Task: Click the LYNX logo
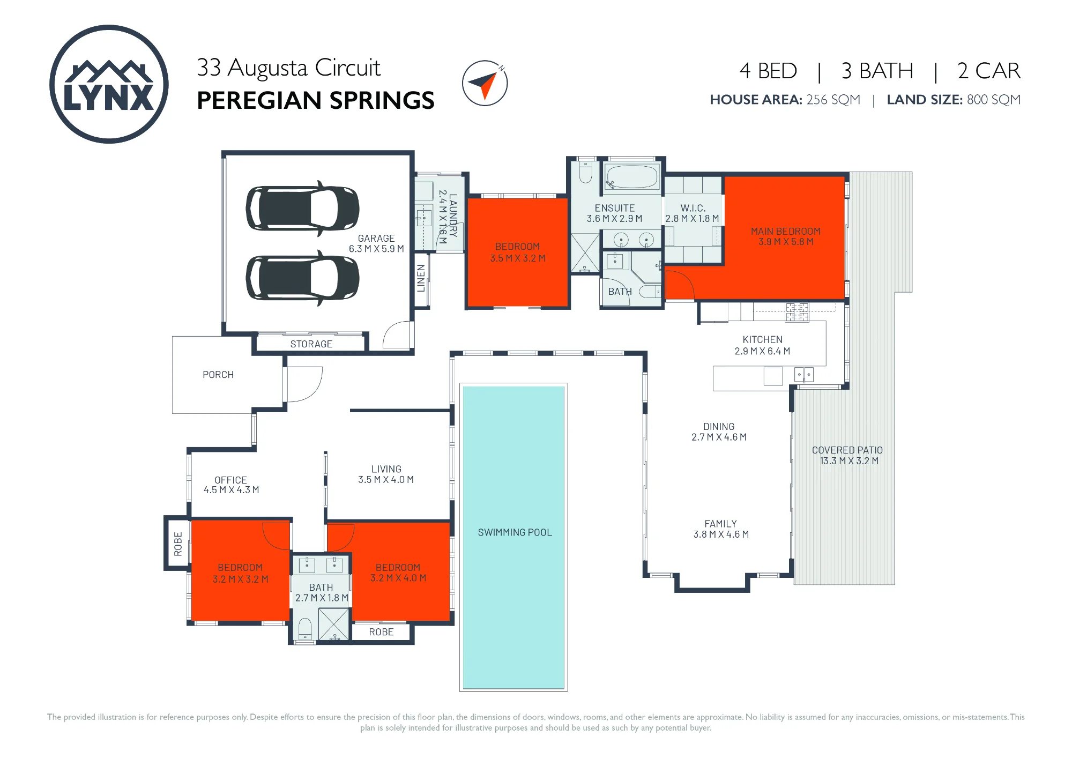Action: click(x=109, y=84)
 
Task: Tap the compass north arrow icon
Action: click(x=485, y=83)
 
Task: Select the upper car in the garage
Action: click(x=302, y=209)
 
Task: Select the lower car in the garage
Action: click(x=302, y=278)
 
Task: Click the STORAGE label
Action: click(x=311, y=344)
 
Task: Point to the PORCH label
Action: click(x=218, y=375)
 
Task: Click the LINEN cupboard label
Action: click(x=421, y=278)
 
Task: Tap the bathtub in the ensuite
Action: click(x=632, y=176)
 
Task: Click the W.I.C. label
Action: click(x=693, y=208)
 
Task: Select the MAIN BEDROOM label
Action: click(x=786, y=232)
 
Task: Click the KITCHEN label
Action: click(x=763, y=340)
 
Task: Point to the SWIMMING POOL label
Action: click(x=515, y=532)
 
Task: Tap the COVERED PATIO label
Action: click(x=847, y=450)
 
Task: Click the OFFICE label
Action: click(x=231, y=480)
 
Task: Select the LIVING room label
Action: click(x=386, y=469)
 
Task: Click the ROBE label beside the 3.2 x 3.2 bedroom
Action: click(x=178, y=544)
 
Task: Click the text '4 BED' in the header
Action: click(x=769, y=71)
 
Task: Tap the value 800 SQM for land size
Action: click(x=994, y=100)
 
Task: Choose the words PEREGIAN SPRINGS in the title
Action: click(x=316, y=100)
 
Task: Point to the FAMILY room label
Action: click(x=721, y=524)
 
